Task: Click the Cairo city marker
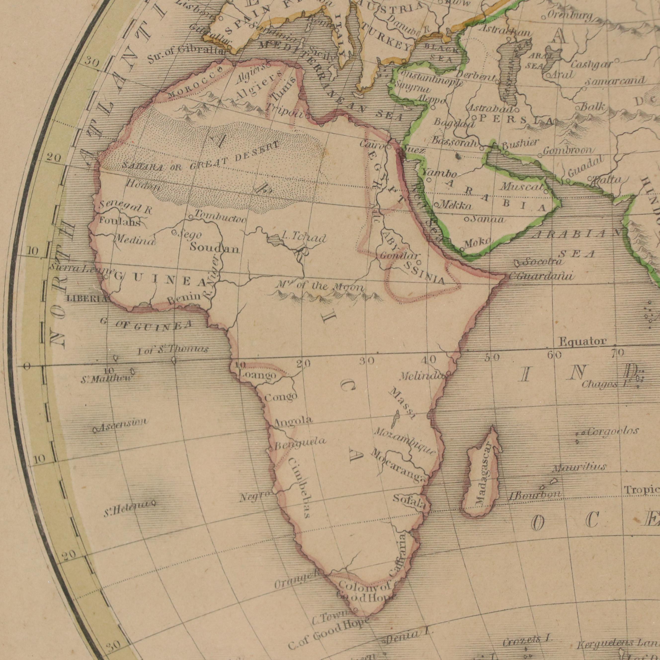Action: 389,147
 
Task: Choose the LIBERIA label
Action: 87,298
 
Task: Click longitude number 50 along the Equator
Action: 492,358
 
